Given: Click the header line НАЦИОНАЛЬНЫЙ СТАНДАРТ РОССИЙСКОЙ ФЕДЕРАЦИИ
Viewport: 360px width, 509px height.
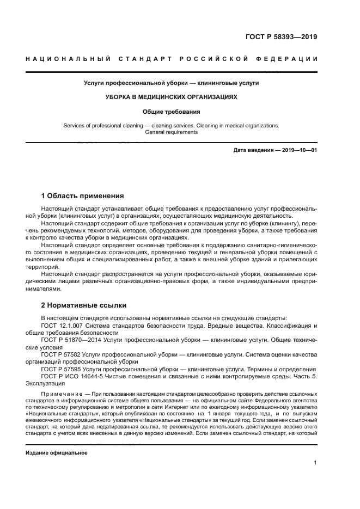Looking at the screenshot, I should pos(172,59).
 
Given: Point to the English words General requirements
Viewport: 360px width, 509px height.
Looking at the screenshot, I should pos(172,132).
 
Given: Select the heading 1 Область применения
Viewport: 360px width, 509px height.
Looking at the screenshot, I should pos(83,196).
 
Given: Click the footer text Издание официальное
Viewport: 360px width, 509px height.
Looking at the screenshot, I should pos(57,452).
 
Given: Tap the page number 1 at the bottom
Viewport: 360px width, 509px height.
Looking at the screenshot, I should pos(315,463).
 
